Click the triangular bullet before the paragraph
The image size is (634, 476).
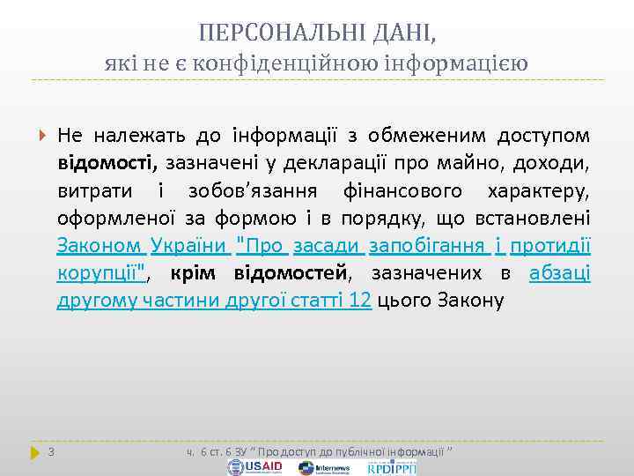pyautogui.click(x=43, y=137)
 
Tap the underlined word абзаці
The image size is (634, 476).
pyautogui.click(x=559, y=273)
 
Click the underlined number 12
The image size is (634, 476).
pyautogui.click(x=359, y=301)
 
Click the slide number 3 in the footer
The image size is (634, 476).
pyautogui.click(x=51, y=453)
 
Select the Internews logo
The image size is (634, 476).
pyautogui.click(x=325, y=467)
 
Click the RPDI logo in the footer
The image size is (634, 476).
pyautogui.click(x=391, y=466)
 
